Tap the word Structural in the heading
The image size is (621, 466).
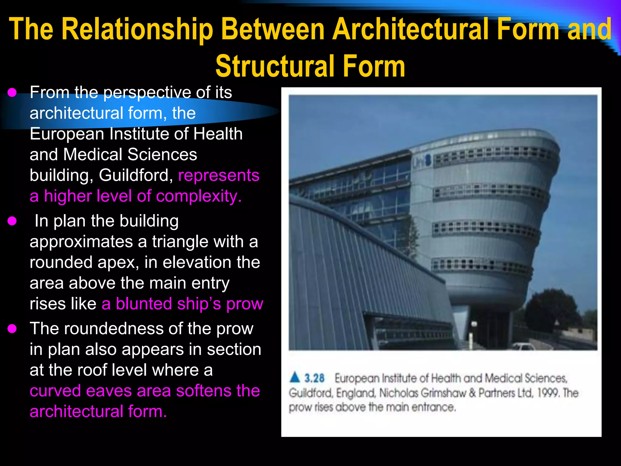[x=275, y=66]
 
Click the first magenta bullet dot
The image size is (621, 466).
[x=12, y=93]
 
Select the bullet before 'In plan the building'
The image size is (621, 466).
[x=12, y=221]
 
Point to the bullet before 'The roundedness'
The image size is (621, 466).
[x=12, y=329]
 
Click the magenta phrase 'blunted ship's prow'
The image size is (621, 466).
[x=190, y=304]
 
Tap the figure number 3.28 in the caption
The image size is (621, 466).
[x=314, y=378]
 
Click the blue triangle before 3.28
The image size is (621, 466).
[x=295, y=377]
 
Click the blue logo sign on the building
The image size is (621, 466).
[x=422, y=161]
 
